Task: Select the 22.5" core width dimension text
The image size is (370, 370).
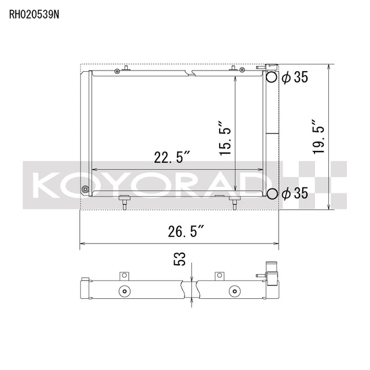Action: (172, 157)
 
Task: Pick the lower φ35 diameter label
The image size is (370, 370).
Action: (295, 194)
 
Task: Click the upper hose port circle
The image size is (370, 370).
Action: (271, 77)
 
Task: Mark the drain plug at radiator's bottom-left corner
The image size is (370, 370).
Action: (86, 189)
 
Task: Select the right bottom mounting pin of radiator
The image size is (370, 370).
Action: (234, 202)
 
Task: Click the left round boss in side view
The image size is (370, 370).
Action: (123, 290)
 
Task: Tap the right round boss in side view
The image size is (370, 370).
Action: (234, 290)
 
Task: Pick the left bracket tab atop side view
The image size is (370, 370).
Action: (123, 276)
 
